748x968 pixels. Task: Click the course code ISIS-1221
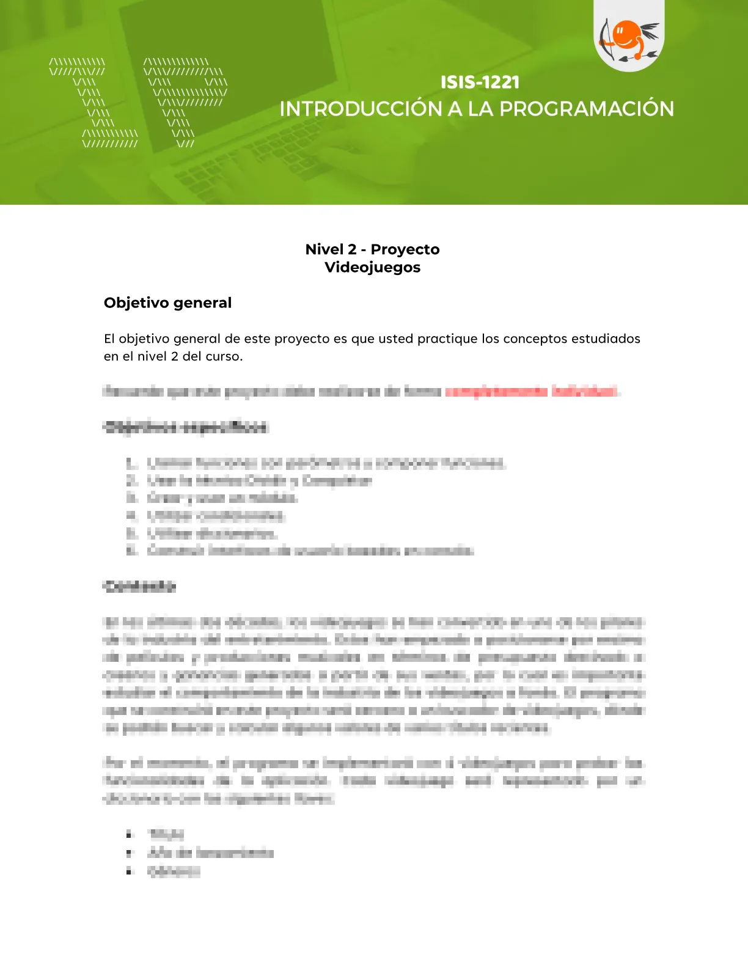click(x=480, y=82)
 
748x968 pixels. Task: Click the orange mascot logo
click(x=628, y=38)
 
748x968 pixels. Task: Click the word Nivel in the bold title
click(x=324, y=249)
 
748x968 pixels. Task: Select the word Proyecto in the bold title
click(x=405, y=249)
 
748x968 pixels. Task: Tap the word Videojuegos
click(x=373, y=267)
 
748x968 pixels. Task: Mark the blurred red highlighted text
click(x=531, y=391)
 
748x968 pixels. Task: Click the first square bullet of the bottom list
click(x=129, y=834)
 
